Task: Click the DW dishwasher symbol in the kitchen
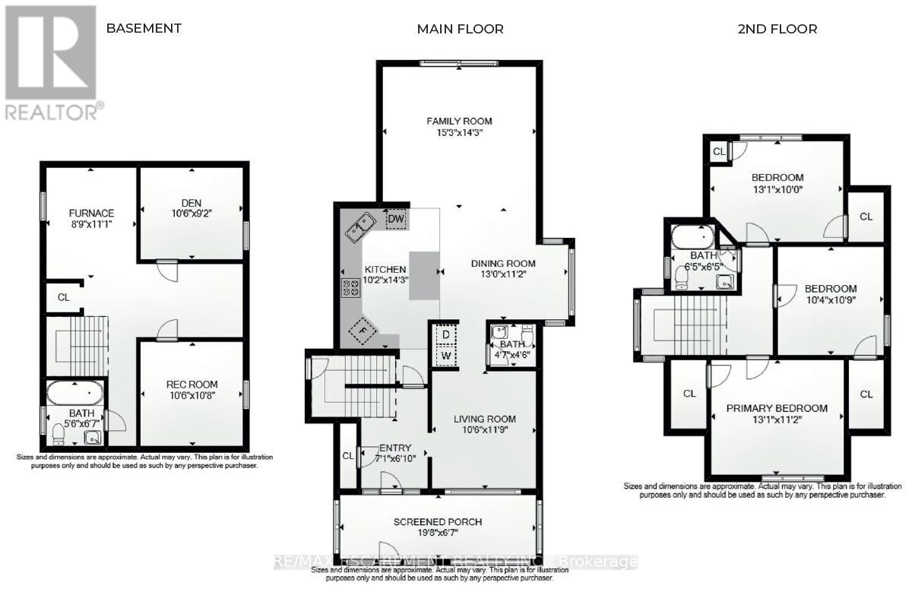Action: (x=396, y=219)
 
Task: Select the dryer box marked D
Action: (x=445, y=335)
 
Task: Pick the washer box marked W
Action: (x=445, y=356)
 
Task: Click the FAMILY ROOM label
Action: (x=459, y=121)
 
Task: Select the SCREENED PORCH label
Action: (x=437, y=522)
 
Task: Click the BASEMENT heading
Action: (x=144, y=28)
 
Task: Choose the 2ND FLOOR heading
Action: (x=777, y=29)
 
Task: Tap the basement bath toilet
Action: (x=58, y=434)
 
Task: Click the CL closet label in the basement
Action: (x=64, y=297)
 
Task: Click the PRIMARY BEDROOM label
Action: (x=777, y=408)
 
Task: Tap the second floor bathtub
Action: (x=692, y=236)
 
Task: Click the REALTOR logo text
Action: (x=52, y=112)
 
